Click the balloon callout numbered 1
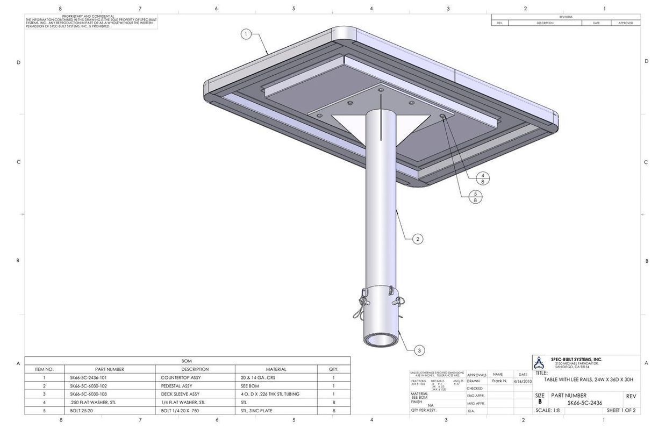(246, 34)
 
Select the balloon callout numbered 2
(418, 239)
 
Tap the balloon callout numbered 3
(419, 350)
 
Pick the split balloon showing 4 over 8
(482, 178)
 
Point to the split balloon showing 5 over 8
(475, 197)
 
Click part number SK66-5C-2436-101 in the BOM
(88, 377)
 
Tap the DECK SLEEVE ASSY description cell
(180, 394)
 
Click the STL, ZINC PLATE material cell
(256, 411)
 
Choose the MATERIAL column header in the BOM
(276, 369)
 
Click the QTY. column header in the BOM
(333, 369)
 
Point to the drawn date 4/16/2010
(523, 381)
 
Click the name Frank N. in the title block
(499, 381)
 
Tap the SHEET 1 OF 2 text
(621, 410)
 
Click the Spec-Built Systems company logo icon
(539, 363)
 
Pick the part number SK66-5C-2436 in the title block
(585, 403)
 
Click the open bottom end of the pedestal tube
(381, 340)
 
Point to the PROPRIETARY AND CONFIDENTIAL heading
(88, 16)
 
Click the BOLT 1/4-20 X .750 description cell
(180, 411)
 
